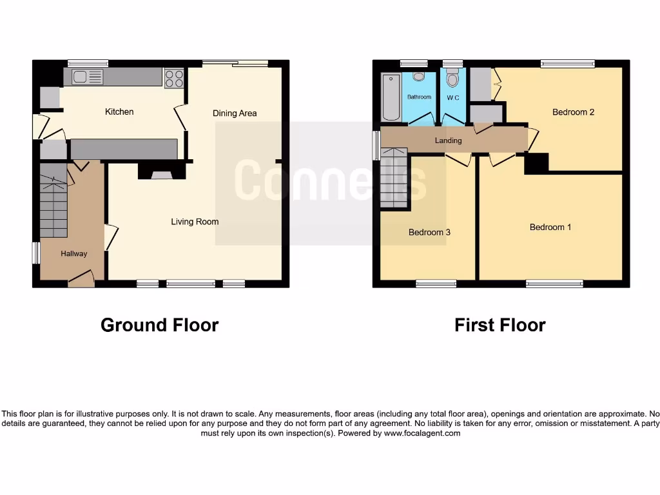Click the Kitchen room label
point(119,112)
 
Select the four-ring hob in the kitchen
point(174,78)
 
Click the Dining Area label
point(235,113)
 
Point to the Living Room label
point(195,222)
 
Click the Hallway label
point(74,254)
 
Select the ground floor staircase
point(53,200)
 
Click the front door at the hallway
point(81,279)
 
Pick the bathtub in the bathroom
point(391,98)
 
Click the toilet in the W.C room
point(452,80)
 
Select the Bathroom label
point(419,97)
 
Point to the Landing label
point(448,141)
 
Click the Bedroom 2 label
point(573,112)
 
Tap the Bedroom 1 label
point(550,228)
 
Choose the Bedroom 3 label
point(429,233)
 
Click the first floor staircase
point(394,177)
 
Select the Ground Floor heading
point(159,325)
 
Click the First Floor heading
point(500,325)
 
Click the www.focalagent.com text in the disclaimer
point(422,434)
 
